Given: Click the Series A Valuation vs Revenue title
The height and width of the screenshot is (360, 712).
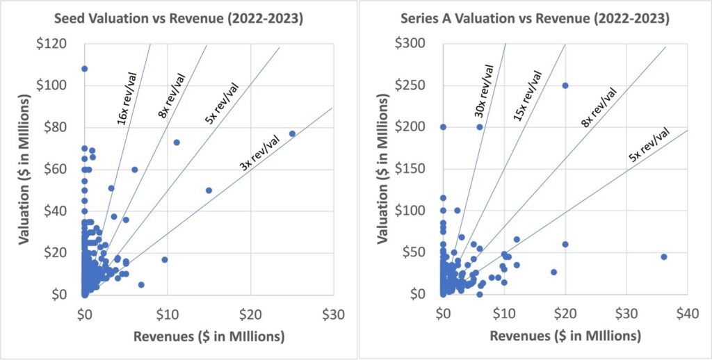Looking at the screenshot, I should (x=535, y=19).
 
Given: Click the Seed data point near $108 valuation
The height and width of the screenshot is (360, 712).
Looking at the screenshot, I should (x=84, y=69).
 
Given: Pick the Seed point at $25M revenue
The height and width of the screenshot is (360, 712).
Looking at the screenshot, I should (x=292, y=133).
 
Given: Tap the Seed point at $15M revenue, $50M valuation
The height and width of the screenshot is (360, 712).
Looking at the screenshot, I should (x=209, y=190).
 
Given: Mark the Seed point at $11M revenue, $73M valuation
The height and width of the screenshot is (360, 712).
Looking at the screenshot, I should (x=177, y=142).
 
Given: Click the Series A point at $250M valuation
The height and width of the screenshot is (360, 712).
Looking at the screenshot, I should (x=565, y=85).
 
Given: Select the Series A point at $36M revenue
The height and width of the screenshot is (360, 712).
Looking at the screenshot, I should (x=663, y=256).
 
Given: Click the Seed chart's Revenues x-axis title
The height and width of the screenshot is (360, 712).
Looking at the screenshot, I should (x=208, y=337).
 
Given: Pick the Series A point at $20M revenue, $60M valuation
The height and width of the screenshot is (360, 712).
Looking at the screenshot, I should (x=565, y=244).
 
